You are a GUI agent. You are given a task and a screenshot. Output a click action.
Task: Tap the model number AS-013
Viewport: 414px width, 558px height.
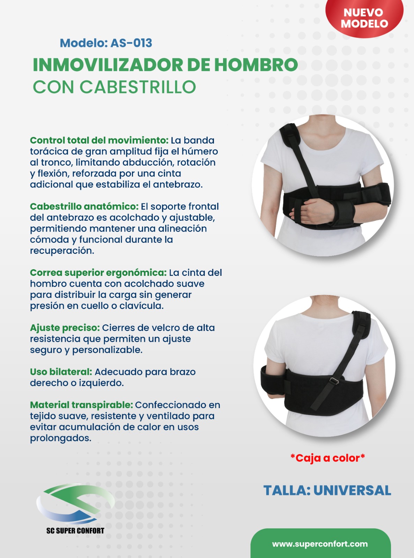pyautogui.click(x=131, y=43)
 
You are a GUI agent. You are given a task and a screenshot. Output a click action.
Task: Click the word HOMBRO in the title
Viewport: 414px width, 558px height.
pyautogui.click(x=256, y=65)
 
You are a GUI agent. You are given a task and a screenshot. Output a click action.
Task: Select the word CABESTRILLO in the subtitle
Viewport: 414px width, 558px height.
pyautogui.click(x=138, y=87)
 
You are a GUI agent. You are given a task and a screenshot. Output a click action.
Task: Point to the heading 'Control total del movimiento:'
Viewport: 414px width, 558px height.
pyautogui.click(x=99, y=141)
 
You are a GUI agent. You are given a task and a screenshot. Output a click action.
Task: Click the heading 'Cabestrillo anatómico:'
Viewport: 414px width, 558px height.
pyautogui.click(x=84, y=206)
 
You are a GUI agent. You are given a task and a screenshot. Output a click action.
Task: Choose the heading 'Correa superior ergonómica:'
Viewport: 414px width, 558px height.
pyautogui.click(x=98, y=273)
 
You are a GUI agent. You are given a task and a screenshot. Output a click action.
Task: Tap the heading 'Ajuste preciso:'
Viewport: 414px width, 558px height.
pyautogui.click(x=65, y=328)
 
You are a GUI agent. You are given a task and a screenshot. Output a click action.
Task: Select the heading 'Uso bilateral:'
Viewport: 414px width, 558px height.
pyautogui.click(x=61, y=372)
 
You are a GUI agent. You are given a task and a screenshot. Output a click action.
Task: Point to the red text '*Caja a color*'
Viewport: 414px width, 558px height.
pyautogui.click(x=328, y=458)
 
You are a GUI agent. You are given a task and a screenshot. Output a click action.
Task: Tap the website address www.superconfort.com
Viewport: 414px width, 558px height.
pyautogui.click(x=320, y=544)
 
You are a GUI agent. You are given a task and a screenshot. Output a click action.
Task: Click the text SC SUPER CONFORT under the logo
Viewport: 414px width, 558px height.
pyautogui.click(x=75, y=530)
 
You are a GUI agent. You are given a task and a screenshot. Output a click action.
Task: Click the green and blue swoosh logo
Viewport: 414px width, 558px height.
pyautogui.click(x=75, y=504)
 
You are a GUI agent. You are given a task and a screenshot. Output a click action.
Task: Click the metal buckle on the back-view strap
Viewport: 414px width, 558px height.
pyautogui.click(x=334, y=380)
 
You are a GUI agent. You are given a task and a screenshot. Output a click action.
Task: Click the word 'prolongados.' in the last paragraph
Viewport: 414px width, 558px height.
pyautogui.click(x=61, y=438)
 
